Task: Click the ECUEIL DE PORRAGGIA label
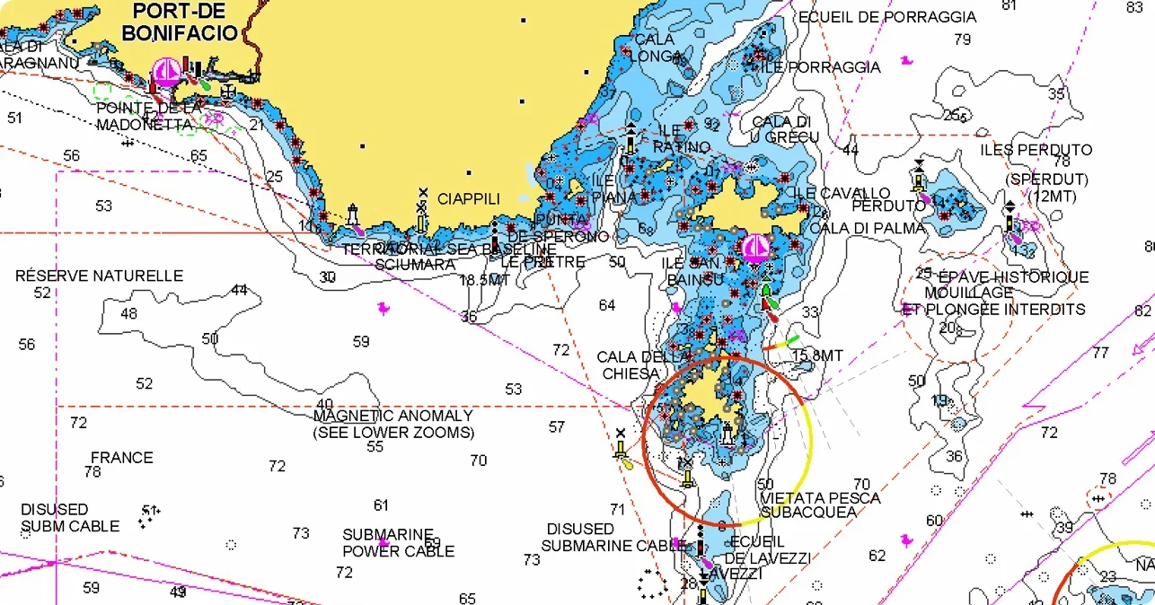[886, 17]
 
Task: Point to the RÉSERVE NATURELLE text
[99, 276]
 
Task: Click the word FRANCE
[121, 458]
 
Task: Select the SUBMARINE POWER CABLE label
[398, 542]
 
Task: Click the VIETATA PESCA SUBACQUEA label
[820, 504]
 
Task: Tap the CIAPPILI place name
[468, 198]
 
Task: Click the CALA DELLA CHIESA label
[642, 365]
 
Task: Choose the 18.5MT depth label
[485, 280]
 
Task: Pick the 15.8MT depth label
[817, 356]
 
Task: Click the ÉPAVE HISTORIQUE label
[1013, 277]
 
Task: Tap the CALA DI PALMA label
[867, 228]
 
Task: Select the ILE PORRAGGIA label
[821, 67]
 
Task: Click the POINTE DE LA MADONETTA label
[150, 116]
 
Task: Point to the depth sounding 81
[1009, 5]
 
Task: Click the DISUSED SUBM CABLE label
[70, 518]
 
